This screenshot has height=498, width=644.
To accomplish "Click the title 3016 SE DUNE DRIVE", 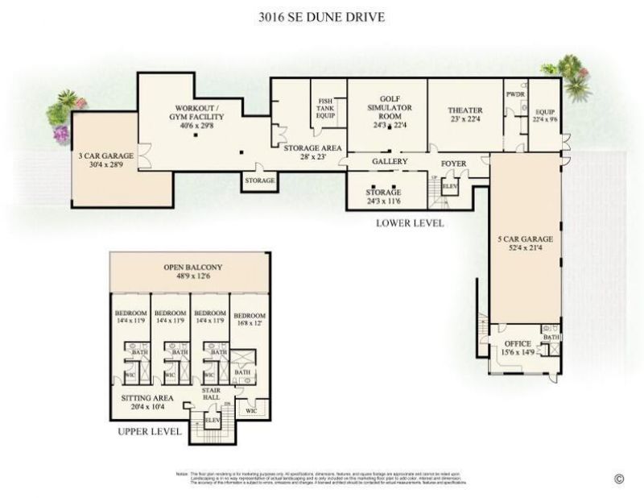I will pyautogui.click(x=322, y=17).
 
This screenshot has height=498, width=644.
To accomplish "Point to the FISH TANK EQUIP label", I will pyautogui.click(x=325, y=107).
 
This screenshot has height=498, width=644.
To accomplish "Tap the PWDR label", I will pyautogui.click(x=515, y=94).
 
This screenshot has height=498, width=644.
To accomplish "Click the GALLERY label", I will pyautogui.click(x=390, y=162).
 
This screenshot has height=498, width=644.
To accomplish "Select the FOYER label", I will pyautogui.click(x=453, y=162).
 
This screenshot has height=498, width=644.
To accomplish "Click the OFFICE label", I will pyautogui.click(x=518, y=344).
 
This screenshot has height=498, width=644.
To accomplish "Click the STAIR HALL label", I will pyautogui.click(x=211, y=394).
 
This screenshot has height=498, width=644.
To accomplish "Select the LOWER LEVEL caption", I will pyautogui.click(x=410, y=223).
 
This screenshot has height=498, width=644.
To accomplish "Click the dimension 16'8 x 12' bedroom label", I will pyautogui.click(x=249, y=322).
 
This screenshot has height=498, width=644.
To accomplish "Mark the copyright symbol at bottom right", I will pyautogui.click(x=619, y=479).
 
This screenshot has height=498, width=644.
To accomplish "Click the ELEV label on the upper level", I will pyautogui.click(x=212, y=419).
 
